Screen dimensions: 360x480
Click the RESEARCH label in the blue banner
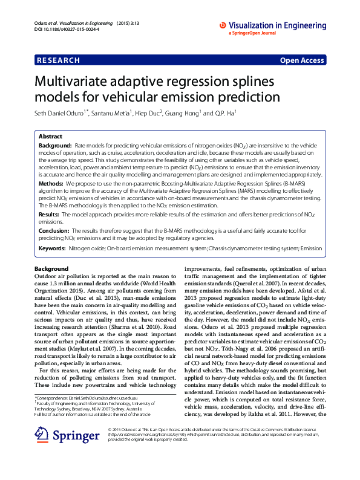pyautogui.click(x=58, y=60)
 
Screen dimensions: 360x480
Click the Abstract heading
pyautogui.click(x=50, y=137)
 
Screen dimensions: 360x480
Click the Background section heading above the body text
pyautogui.click(x=51, y=268)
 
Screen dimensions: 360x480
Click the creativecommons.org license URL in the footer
pyautogui.click(x=142, y=434)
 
